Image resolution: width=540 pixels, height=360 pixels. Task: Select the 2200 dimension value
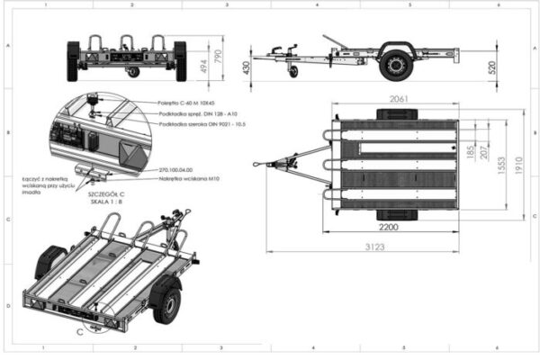(389, 228)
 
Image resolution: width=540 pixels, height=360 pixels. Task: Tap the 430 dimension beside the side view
(247, 66)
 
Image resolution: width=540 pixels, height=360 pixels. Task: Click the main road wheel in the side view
(392, 64)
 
